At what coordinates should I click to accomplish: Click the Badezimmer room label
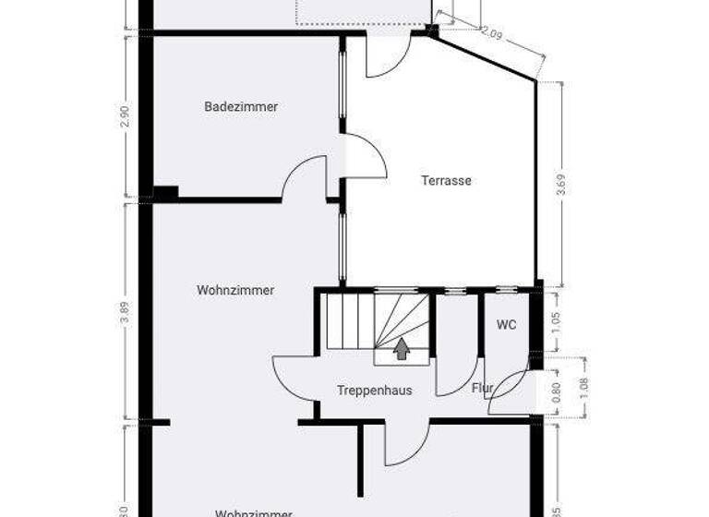pos(241,107)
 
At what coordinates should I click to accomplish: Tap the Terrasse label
pos(446,181)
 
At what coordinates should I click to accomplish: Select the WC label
pos(506,325)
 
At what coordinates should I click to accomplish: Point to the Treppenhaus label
pos(374,391)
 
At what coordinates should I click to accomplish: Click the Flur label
pos(482,388)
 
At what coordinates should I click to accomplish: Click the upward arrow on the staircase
pos(402,349)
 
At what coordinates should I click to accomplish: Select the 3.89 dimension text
pos(126,314)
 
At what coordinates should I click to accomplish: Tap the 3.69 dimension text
pos(560,185)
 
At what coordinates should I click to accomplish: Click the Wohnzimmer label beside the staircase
pos(235,290)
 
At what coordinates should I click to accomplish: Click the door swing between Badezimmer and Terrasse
pos(365,155)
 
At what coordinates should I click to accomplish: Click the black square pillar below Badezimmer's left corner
pos(165,193)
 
